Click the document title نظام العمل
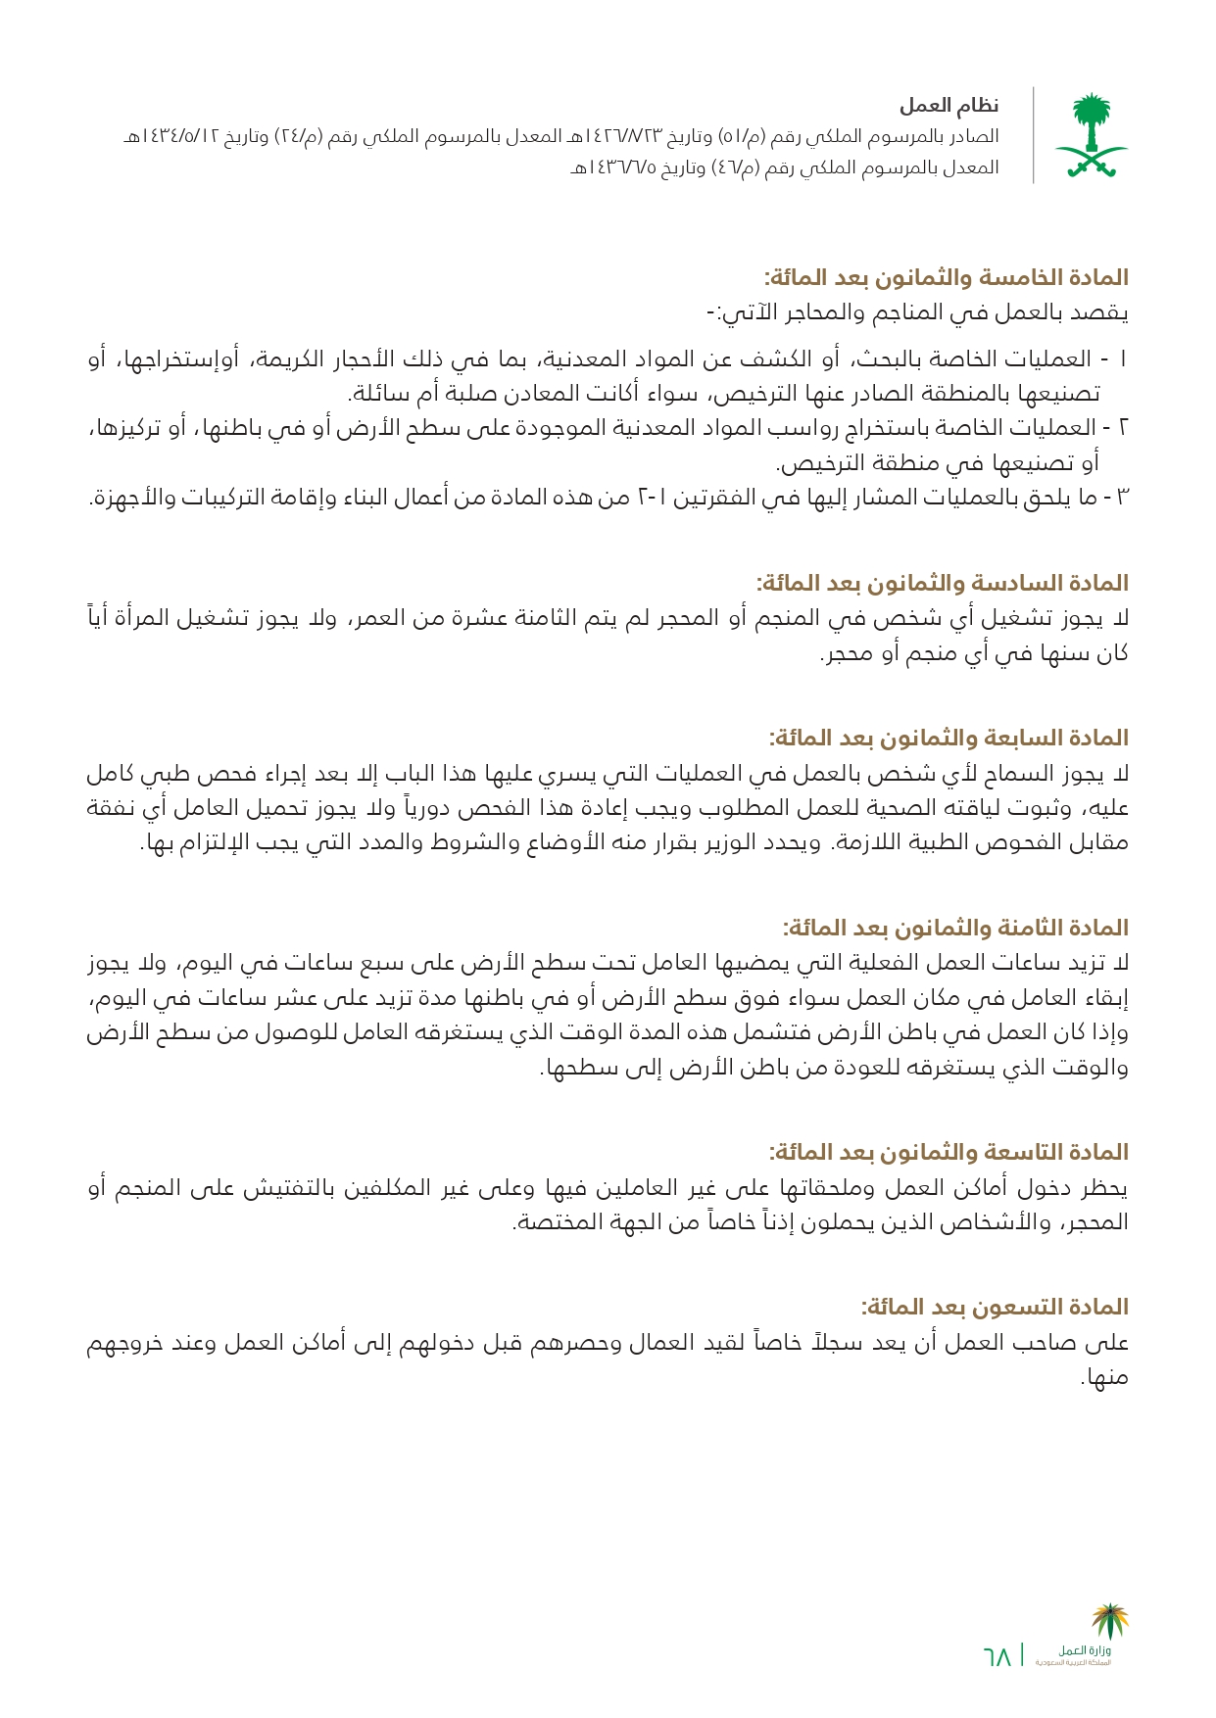[949, 105]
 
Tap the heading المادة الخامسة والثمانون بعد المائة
[946, 278]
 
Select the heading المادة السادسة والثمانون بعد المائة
[942, 584]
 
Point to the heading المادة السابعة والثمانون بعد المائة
[948, 739]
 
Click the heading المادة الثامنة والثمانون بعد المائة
[954, 928]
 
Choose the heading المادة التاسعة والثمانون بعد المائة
[948, 1152]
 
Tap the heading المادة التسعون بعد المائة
[994, 1307]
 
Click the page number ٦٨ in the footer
[997, 1656]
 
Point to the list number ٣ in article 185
[1123, 498]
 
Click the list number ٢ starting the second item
[1123, 428]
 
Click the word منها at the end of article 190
[1106, 1378]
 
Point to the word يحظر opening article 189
[1104, 1188]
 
